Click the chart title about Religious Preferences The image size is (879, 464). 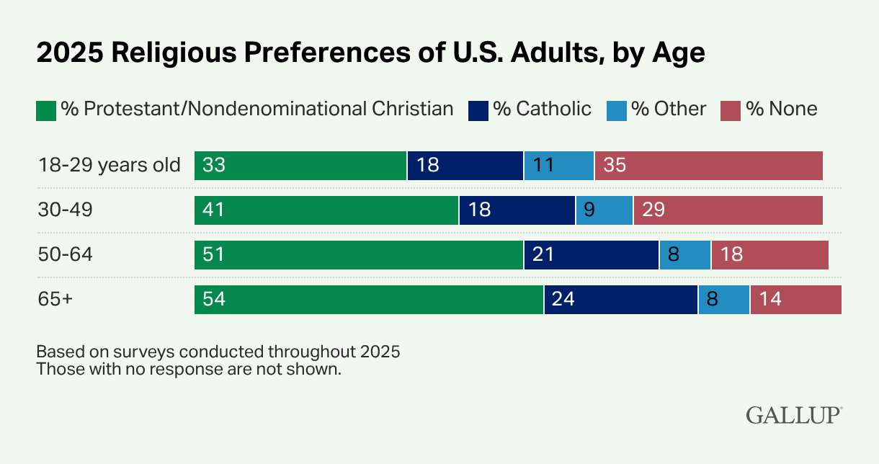370,54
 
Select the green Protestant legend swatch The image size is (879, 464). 46,110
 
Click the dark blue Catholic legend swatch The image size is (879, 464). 478,110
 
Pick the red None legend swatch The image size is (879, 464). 731,110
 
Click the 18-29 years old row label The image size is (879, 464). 109,165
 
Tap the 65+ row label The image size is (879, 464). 55,299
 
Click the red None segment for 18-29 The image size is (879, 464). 708,166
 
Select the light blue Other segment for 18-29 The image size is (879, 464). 559,166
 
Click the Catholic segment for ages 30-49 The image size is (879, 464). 517,210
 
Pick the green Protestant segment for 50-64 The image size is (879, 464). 359,255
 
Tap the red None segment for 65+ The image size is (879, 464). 795,300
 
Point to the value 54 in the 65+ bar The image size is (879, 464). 214,300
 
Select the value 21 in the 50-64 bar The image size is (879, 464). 543,255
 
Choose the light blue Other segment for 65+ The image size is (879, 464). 723,300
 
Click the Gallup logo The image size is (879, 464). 794,416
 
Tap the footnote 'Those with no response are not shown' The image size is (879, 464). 188,370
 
